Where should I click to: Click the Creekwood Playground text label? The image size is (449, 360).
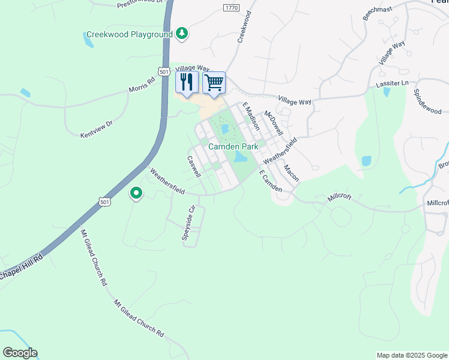[x=129, y=34]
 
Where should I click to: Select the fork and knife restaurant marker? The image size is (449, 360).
[x=187, y=83]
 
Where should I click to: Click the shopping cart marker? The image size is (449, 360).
[x=214, y=83]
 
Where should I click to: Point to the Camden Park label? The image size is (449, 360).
[x=233, y=146]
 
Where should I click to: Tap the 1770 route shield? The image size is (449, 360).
[x=231, y=7]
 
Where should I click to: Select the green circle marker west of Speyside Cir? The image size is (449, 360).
[x=136, y=193]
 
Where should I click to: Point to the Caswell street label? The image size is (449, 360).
[x=193, y=167]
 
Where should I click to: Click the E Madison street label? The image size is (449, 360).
[x=251, y=116]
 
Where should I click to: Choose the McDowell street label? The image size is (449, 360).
[x=274, y=122]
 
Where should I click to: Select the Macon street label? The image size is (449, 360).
[x=291, y=173]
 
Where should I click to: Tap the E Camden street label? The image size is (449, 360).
[x=270, y=181]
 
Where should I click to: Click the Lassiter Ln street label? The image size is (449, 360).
[x=392, y=83]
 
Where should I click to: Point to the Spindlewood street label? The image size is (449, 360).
[x=427, y=102]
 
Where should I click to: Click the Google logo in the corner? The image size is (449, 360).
[x=20, y=353]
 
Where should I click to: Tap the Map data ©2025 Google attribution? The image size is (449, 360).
[x=411, y=355]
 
